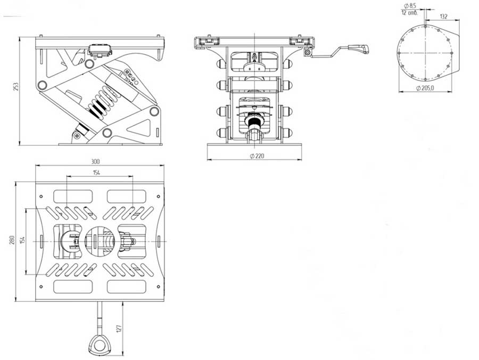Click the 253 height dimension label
[x=16, y=86]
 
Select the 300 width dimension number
[x=96, y=161]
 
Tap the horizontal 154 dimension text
[x=96, y=173]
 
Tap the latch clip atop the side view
[x=101, y=50]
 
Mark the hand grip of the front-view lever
[x=358, y=48]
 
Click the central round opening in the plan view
[x=99, y=240]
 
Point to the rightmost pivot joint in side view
[x=154, y=111]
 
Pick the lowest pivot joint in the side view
[x=107, y=133]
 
